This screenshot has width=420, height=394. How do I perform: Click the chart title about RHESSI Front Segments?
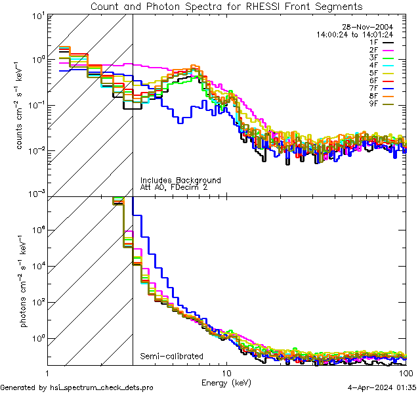coord(226,6)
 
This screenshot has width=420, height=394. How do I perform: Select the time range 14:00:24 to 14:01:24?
coord(355,33)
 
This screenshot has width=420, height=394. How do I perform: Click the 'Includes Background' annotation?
coord(180,180)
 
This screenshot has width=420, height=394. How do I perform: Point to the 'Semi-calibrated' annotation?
coord(171,357)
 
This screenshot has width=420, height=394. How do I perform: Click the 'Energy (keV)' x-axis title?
coord(226,382)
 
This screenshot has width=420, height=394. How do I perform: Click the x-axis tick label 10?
coord(226,372)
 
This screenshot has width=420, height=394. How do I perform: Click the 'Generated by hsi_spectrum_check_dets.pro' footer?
coord(77,387)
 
